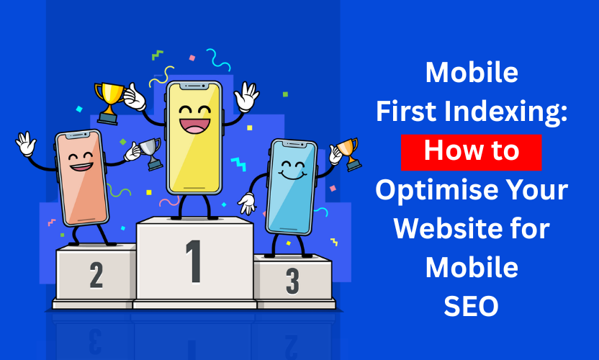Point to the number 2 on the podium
click(x=96, y=274)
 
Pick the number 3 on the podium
click(x=292, y=281)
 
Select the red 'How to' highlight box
click(x=472, y=151)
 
